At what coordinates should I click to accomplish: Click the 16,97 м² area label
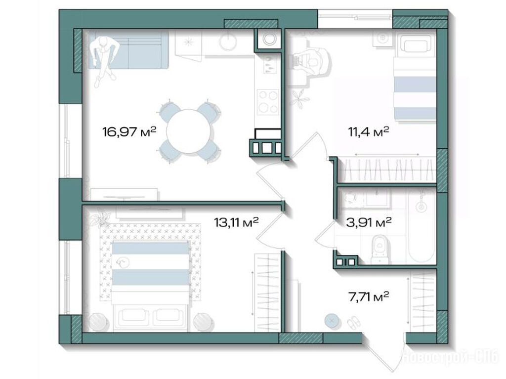tap(129, 131)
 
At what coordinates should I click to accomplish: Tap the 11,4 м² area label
tap(368, 132)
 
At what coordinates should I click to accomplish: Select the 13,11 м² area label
tap(236, 222)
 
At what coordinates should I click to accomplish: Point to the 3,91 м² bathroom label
tap(369, 222)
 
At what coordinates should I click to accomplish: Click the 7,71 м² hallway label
tap(369, 296)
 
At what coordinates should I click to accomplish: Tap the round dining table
tap(189, 131)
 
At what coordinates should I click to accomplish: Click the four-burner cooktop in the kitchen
tap(268, 101)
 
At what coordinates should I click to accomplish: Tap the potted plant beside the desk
tap(300, 97)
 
